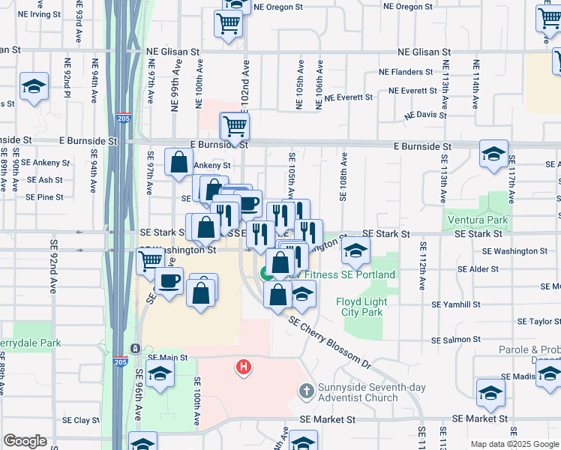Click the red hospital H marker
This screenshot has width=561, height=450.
coord(244,367)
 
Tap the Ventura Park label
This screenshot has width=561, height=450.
coord(476,220)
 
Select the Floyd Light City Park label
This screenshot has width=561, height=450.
coord(359,307)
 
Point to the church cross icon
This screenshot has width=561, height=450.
coord(305,391)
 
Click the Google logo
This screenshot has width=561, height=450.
coord(25,441)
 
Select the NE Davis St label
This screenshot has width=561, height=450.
coord(425,115)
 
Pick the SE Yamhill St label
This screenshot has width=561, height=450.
coord(456,305)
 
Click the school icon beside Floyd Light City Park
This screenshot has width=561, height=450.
coord(355,251)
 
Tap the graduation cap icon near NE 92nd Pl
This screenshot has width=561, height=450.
coord(34,87)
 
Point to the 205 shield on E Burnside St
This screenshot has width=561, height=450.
coord(122,118)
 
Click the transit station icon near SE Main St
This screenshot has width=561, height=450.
coord(134,349)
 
